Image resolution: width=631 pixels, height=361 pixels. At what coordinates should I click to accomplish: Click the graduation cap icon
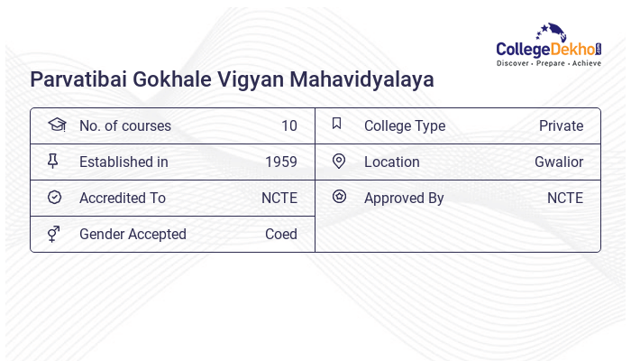pyautogui.click(x=55, y=125)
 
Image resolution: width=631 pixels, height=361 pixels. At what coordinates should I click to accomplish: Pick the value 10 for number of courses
pyautogui.click(x=288, y=126)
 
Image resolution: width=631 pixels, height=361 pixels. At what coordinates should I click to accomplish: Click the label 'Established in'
pyautogui.click(x=123, y=162)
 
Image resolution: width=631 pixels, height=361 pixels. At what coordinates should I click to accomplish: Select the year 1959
pyautogui.click(x=280, y=162)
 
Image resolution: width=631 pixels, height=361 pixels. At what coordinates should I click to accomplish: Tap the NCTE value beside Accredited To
pyautogui.click(x=279, y=199)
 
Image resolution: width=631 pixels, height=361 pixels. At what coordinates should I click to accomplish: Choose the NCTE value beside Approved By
pyautogui.click(x=564, y=199)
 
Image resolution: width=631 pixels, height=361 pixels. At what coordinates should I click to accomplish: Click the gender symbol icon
pyautogui.click(x=54, y=234)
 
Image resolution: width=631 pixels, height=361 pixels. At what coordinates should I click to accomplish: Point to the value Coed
pyautogui.click(x=280, y=235)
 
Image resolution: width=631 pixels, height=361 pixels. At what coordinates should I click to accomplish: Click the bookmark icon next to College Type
pyautogui.click(x=337, y=125)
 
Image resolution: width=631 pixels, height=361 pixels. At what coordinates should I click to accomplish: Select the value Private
pyautogui.click(x=561, y=126)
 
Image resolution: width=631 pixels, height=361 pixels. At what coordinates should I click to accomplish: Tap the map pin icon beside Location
pyautogui.click(x=339, y=162)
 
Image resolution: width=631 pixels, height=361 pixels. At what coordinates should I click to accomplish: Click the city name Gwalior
pyautogui.click(x=559, y=162)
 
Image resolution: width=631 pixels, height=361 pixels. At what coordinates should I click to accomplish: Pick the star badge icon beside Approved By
pyautogui.click(x=339, y=197)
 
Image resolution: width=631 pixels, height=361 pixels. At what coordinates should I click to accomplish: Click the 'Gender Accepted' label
pyautogui.click(x=133, y=235)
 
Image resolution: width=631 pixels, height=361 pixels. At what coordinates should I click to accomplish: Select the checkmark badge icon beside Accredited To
pyautogui.click(x=54, y=198)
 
